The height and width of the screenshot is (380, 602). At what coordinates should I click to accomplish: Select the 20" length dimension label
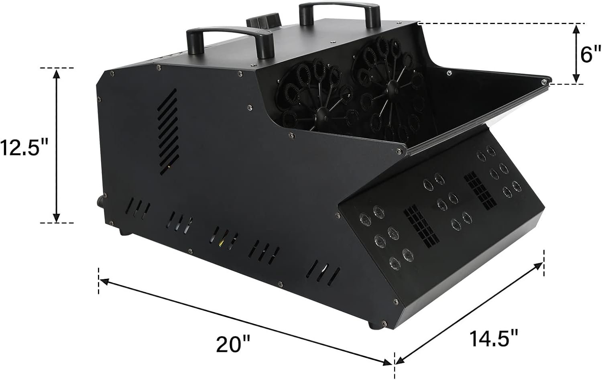233,344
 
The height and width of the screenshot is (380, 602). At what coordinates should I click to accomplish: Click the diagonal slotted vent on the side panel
168,132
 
